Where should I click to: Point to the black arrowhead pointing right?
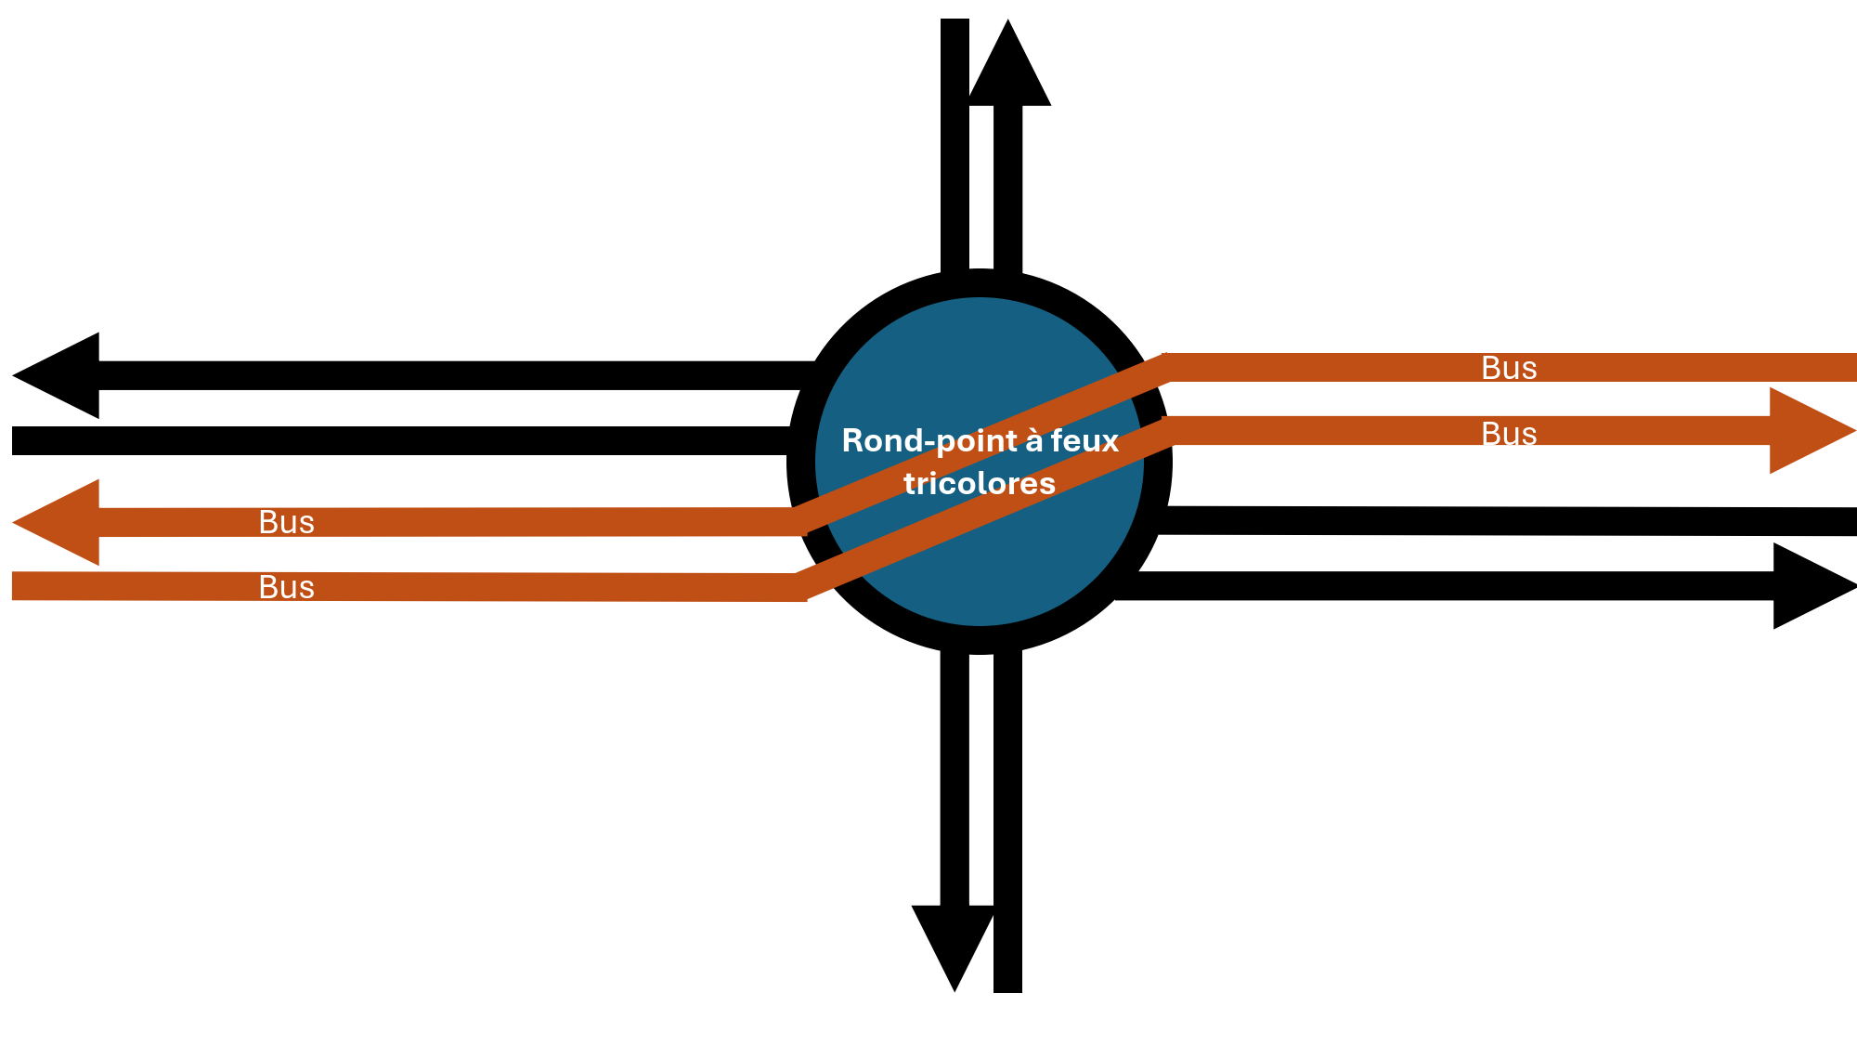(1812, 586)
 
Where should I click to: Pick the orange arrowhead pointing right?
(1811, 431)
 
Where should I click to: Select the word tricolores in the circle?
(980, 483)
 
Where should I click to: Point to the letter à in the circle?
(1033, 440)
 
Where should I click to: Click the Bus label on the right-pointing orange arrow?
(1509, 434)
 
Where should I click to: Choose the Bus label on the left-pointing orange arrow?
(287, 522)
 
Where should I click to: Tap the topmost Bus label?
(1509, 368)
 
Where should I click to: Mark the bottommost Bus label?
(287, 587)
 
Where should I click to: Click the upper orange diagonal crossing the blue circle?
(980, 444)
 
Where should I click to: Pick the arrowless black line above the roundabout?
(954, 147)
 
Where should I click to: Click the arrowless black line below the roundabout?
(1007, 821)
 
